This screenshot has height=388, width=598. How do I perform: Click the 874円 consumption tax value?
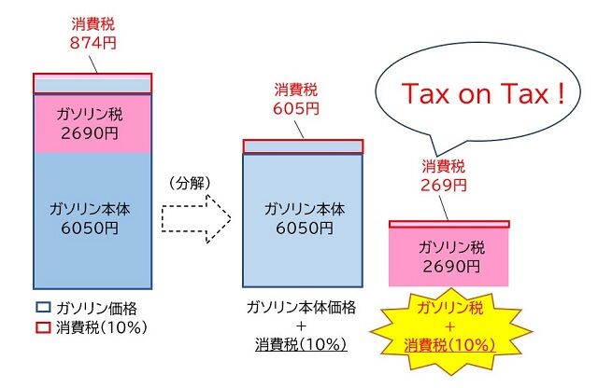pos(93,43)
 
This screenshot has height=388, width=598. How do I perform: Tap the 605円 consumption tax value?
pos(296,108)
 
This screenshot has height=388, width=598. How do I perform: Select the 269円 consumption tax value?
pos(444,185)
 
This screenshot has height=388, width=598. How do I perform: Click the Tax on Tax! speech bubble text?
pos(483,93)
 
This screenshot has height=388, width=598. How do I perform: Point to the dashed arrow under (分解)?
pos(196,218)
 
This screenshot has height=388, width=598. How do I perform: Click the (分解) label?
pos(190,183)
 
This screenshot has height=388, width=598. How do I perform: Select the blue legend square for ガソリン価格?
pos(43,308)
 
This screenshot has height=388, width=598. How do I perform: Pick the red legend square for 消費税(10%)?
pos(43,327)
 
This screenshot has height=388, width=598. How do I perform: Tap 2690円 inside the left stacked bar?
pos(90,133)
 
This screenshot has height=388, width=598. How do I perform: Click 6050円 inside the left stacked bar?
pos(90,229)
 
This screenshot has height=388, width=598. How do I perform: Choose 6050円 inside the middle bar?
pos(305,229)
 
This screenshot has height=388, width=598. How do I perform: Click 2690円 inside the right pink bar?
pos(451,266)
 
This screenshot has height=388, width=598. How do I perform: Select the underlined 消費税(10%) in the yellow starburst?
pos(450,346)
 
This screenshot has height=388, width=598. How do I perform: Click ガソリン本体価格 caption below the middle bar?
pos(301,307)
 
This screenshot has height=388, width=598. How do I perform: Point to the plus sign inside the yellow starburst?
pos(450,326)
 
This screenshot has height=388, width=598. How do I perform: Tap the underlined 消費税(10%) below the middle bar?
pos(301,344)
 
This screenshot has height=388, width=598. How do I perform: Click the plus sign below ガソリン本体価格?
pos(301,326)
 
